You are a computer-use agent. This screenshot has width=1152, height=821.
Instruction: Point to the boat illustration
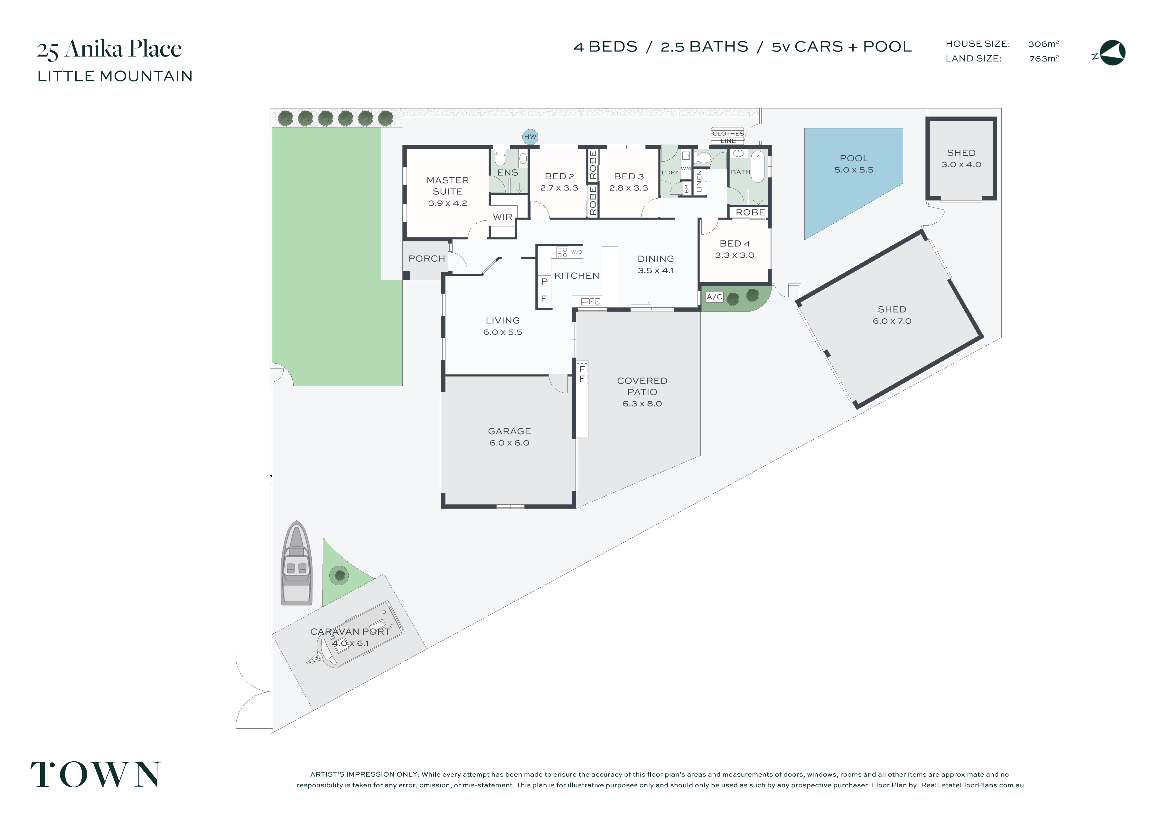click(x=297, y=563)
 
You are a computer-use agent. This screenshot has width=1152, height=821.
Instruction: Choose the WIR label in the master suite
click(x=502, y=217)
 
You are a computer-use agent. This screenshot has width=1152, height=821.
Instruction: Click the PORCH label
click(x=426, y=258)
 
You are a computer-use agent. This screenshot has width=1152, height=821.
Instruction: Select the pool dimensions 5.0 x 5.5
click(x=854, y=170)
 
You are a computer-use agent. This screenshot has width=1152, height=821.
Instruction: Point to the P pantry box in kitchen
click(x=544, y=282)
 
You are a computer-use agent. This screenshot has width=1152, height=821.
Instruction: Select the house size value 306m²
click(x=1043, y=44)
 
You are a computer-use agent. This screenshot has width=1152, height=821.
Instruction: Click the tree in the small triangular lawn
click(x=339, y=575)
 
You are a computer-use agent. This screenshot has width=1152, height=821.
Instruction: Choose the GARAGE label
click(x=509, y=431)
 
